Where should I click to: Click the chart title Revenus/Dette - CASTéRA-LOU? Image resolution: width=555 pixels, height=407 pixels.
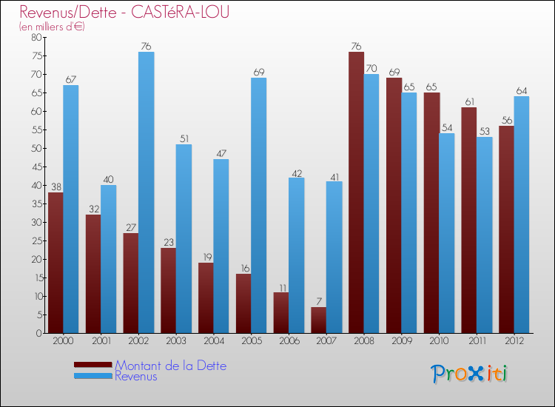124,12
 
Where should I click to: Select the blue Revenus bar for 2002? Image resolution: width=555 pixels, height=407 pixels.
147,192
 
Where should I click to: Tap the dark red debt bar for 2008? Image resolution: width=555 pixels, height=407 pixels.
356,192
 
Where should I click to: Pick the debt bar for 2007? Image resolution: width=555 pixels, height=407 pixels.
318,320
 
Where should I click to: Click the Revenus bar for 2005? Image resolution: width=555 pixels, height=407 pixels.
259,206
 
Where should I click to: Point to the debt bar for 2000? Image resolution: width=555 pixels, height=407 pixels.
55,263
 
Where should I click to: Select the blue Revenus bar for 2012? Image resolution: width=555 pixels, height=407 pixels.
522,215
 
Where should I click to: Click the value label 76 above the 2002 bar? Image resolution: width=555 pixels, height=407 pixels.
147,47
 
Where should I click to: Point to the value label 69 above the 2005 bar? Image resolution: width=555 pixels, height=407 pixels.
259,73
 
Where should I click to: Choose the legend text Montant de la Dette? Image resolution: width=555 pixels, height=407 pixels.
171,366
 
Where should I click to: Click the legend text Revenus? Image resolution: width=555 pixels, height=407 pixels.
136,376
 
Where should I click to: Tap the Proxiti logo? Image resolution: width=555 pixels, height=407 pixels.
469,374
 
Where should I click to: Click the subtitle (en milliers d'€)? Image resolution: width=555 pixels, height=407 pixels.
53,27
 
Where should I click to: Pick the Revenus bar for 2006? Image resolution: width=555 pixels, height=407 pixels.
296,255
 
